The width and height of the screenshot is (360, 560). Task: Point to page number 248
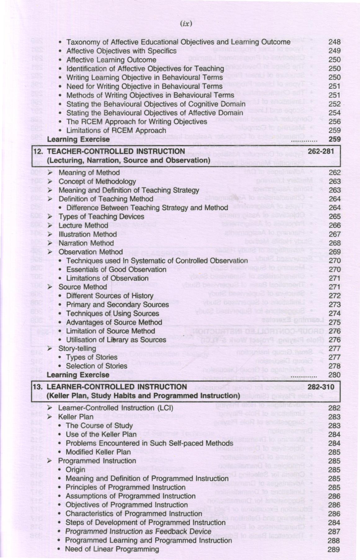click(x=334, y=42)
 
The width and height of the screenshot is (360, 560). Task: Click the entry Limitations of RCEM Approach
click(x=116, y=130)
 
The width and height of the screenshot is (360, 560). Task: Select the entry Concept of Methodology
click(x=97, y=181)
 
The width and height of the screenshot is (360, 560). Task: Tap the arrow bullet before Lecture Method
click(x=50, y=226)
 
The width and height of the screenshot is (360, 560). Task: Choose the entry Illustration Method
click(x=88, y=234)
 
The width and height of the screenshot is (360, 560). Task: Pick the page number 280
click(x=334, y=375)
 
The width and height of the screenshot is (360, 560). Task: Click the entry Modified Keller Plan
click(x=98, y=452)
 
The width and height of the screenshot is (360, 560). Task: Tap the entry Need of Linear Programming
click(x=112, y=549)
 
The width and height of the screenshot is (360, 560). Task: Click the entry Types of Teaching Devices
click(x=101, y=217)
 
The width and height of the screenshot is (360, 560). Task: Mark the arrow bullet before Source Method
click(x=50, y=287)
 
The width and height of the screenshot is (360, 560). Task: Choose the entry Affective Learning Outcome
click(x=111, y=60)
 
